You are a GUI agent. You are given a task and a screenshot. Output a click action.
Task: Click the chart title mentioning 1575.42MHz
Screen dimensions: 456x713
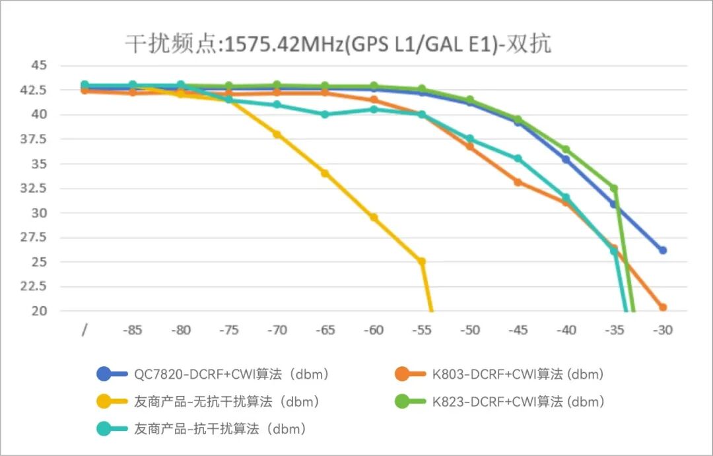click(x=338, y=44)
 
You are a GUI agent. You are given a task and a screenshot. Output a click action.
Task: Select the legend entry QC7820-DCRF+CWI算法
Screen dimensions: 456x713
click(x=224, y=374)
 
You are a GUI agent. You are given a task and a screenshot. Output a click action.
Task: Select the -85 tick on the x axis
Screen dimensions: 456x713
click(x=133, y=330)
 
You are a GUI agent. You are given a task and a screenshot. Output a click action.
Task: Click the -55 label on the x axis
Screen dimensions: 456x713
click(x=421, y=330)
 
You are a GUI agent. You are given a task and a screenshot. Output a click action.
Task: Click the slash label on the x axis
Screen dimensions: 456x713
click(x=85, y=330)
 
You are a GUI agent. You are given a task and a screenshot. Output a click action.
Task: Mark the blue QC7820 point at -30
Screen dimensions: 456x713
click(x=662, y=250)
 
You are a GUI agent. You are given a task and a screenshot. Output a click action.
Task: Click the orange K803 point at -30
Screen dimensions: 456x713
click(x=662, y=308)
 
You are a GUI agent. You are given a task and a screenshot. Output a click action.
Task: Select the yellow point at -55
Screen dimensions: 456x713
click(x=422, y=261)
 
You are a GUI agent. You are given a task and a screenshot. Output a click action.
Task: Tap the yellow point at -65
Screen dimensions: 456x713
click(x=325, y=174)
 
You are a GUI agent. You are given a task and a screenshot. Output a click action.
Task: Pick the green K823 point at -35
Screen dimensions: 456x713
click(x=614, y=188)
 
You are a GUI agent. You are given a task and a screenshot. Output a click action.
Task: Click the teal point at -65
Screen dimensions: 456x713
click(x=325, y=114)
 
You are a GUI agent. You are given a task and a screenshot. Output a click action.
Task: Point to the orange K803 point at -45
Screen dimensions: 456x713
click(x=518, y=182)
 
